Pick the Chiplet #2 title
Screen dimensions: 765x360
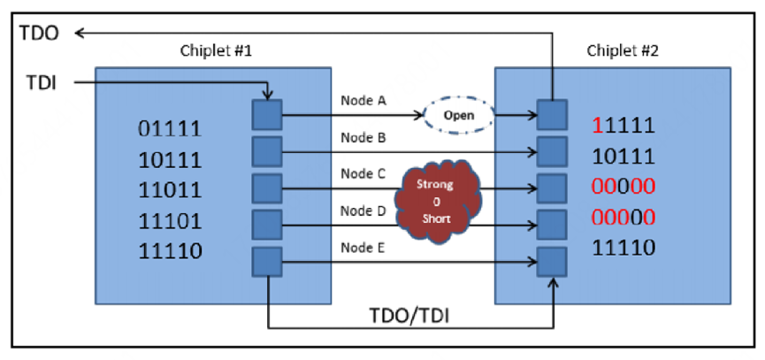(x=622, y=50)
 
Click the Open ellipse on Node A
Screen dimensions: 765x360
(x=458, y=116)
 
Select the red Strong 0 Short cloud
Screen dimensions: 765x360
(x=438, y=200)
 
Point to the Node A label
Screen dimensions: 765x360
(x=363, y=102)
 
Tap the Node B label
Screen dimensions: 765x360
(x=363, y=138)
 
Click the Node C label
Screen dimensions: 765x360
(x=363, y=173)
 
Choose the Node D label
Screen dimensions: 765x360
(x=363, y=211)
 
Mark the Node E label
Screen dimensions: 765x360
(x=363, y=248)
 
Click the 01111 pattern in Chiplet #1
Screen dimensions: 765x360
(x=170, y=129)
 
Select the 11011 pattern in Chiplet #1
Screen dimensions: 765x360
(x=170, y=190)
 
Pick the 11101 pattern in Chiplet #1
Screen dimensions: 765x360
(x=170, y=221)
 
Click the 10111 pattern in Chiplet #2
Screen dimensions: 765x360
(x=623, y=157)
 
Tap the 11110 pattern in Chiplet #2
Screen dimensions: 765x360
(x=623, y=248)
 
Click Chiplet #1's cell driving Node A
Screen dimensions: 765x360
(x=267, y=115)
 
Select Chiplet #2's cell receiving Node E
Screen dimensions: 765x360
(x=552, y=262)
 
